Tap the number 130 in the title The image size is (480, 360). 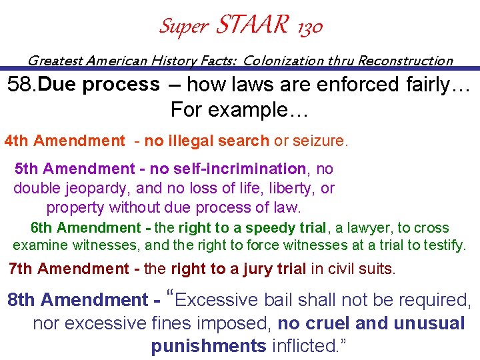tap(307, 27)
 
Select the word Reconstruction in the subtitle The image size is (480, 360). tap(405, 61)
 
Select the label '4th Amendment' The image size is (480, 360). tap(65, 141)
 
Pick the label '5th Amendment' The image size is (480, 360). tap(75, 169)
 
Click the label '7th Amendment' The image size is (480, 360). tap(69, 269)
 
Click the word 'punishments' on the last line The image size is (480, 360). tap(209, 346)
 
